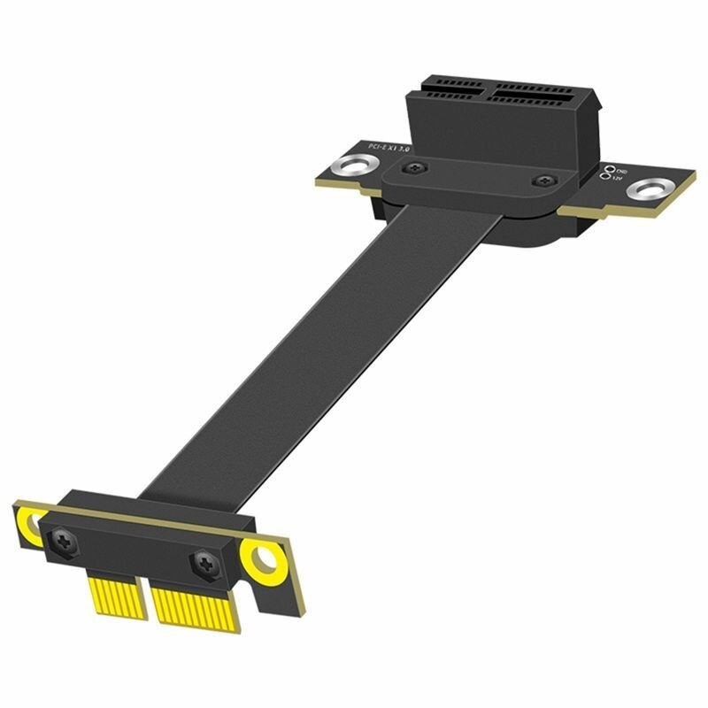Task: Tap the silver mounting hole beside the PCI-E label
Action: pos(352,165)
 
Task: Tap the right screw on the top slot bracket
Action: pos(539,181)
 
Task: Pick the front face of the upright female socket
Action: pos(478,133)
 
